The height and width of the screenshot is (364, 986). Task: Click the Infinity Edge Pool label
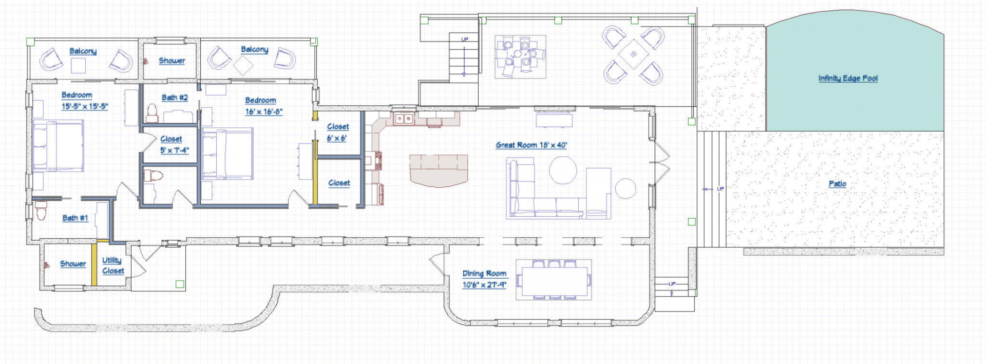coord(848,79)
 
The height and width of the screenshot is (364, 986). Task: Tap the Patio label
coord(837,184)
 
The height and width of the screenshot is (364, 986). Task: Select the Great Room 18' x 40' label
coord(531,145)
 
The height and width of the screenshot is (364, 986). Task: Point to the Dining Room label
coord(484,274)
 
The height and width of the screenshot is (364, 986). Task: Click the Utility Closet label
coord(113,265)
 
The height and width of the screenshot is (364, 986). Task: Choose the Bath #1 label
coord(75,218)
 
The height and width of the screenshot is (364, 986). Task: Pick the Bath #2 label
coord(175,98)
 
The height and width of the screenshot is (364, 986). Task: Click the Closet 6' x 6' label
coord(337,132)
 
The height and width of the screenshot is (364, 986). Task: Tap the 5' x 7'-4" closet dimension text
coord(175,150)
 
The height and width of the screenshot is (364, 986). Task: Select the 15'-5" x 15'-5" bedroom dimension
coord(85,106)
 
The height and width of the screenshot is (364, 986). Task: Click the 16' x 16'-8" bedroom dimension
coord(264,111)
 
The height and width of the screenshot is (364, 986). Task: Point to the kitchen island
coord(439,169)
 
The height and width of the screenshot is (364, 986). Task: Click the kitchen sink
coord(403,119)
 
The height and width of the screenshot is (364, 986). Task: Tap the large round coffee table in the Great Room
coord(563,170)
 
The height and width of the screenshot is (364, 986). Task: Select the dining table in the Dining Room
coord(554,280)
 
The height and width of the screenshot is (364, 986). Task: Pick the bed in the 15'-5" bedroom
coord(58,146)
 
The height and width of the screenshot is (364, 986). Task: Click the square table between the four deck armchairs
coord(633,53)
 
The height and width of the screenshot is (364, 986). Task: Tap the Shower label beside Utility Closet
coord(73,264)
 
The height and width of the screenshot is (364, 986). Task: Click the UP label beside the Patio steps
coord(720,189)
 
